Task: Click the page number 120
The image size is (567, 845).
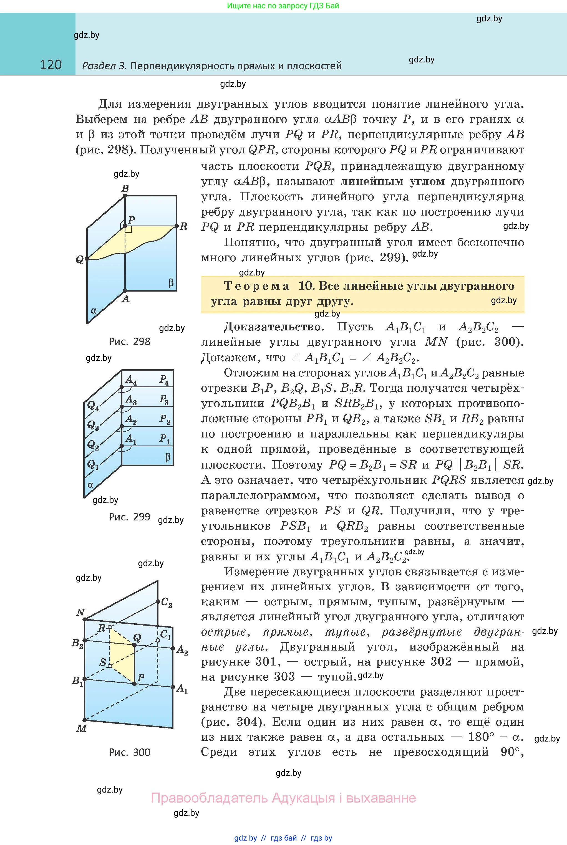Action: (51, 65)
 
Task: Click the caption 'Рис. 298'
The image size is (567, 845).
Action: (129, 341)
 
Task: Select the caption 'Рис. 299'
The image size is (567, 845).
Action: (129, 517)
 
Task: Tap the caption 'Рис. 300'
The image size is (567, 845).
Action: (129, 752)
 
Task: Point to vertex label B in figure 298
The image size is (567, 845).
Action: (125, 188)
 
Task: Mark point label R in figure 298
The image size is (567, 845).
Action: (184, 227)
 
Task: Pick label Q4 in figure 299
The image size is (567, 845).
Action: (93, 406)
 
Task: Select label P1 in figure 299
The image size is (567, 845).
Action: (165, 439)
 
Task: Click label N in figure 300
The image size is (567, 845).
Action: (80, 612)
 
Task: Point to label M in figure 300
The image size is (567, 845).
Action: (81, 728)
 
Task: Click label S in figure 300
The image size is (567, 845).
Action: (103, 662)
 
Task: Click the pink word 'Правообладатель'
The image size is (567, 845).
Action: (209, 798)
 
